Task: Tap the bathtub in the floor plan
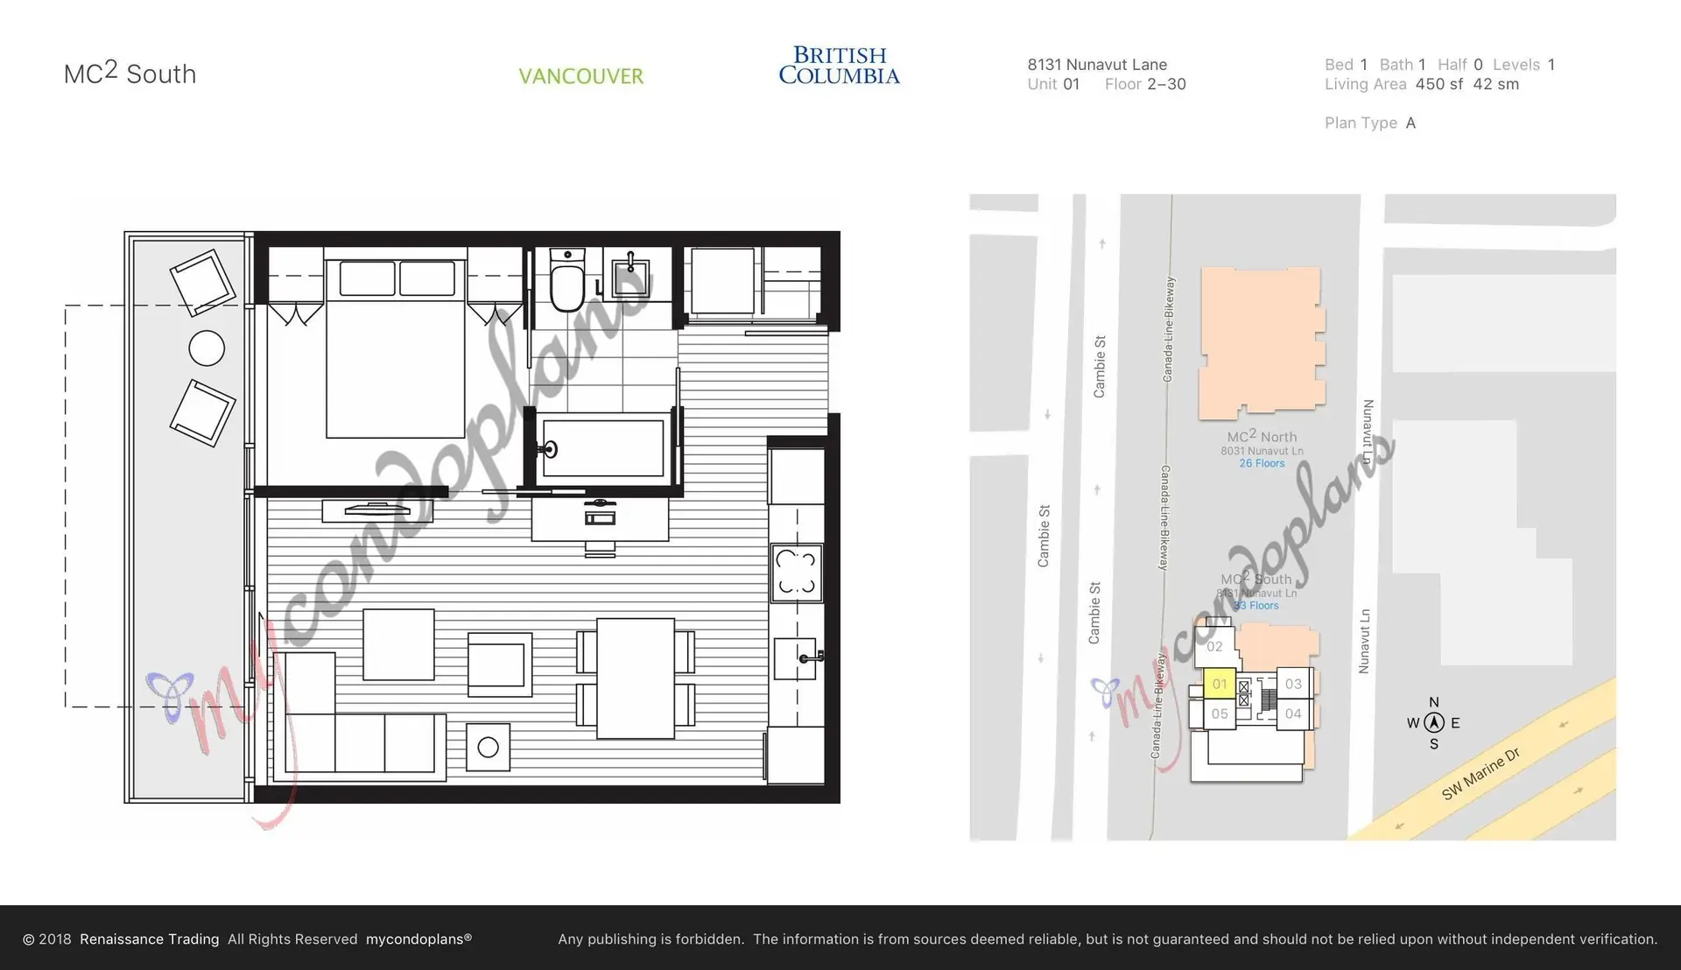pyautogui.click(x=602, y=448)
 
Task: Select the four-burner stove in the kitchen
pyautogui.click(x=797, y=573)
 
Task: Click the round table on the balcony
pyautogui.click(x=207, y=348)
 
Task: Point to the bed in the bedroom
pyautogui.click(x=395, y=350)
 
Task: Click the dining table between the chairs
pyautogui.click(x=636, y=678)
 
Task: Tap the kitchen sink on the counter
pyautogui.click(x=795, y=658)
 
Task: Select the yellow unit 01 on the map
pyautogui.click(x=1219, y=684)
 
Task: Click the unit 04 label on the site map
pyautogui.click(x=1293, y=713)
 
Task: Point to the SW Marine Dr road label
pyautogui.click(x=1481, y=774)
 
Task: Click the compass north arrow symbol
pyautogui.click(x=1434, y=723)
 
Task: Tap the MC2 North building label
pyautogui.click(x=1262, y=436)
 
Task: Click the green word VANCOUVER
pyautogui.click(x=580, y=76)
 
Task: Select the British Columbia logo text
pyautogui.click(x=839, y=66)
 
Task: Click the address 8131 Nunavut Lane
pyautogui.click(x=1097, y=65)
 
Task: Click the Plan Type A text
pyautogui.click(x=1369, y=123)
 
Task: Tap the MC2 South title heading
pyautogui.click(x=130, y=74)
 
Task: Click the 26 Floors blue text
pyautogui.click(x=1262, y=463)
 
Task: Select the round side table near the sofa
pyautogui.click(x=489, y=747)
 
